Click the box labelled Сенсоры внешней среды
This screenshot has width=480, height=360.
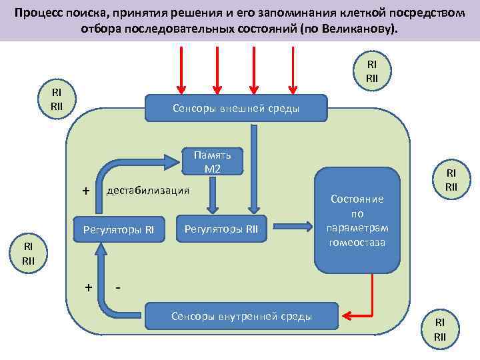(x=236, y=108)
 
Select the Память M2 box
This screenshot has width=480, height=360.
(x=212, y=161)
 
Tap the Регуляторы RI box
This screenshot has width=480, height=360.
(x=118, y=230)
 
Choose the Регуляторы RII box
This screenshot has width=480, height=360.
(x=221, y=230)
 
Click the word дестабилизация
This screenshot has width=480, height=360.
(x=148, y=191)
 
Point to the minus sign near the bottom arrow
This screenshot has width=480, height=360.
(x=117, y=288)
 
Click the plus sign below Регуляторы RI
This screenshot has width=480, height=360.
(x=88, y=288)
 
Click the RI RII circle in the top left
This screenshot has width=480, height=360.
(x=57, y=99)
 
